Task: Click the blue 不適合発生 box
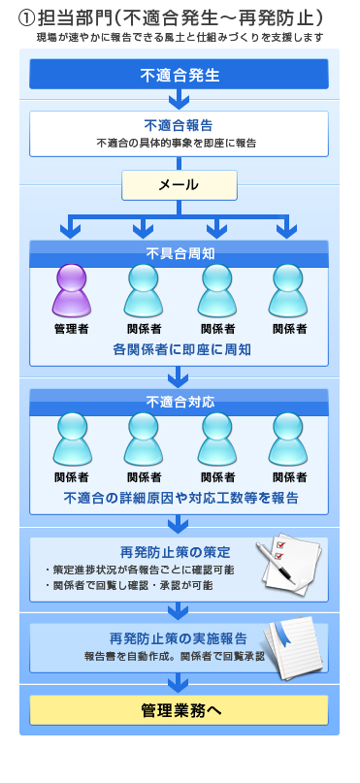pyautogui.click(x=179, y=75)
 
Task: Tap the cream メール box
pyautogui.click(x=179, y=184)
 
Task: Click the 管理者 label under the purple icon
pyautogui.click(x=71, y=329)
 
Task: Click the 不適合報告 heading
pyautogui.click(x=179, y=126)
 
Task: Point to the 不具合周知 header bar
pyautogui.click(x=179, y=252)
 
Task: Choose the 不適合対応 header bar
pyautogui.click(x=179, y=400)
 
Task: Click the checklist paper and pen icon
pyautogui.click(x=288, y=566)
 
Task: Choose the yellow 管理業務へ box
pyautogui.click(x=179, y=710)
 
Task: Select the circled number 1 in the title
pyautogui.click(x=27, y=19)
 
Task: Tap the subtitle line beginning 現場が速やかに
pyautogui.click(x=179, y=37)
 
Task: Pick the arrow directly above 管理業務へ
pyautogui.click(x=179, y=685)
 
